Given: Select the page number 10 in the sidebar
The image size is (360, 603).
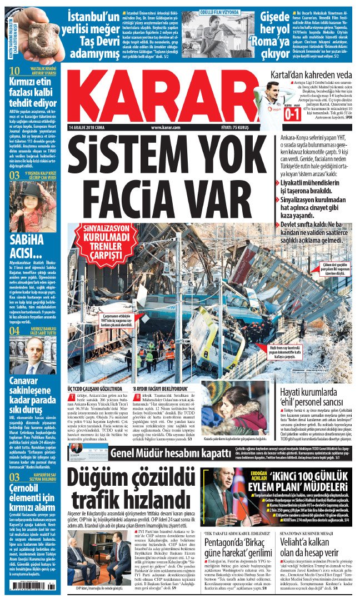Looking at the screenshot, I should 16,71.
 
